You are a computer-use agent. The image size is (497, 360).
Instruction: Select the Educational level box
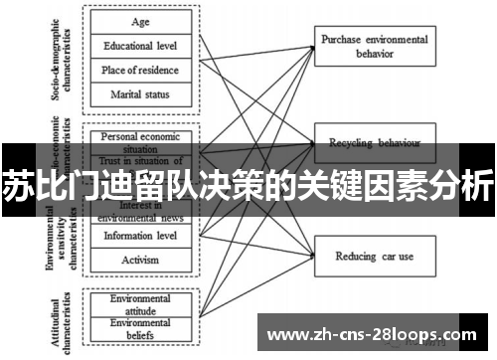pos(140,46)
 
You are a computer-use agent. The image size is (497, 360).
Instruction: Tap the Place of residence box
pos(140,70)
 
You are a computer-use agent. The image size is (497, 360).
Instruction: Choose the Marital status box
pos(140,94)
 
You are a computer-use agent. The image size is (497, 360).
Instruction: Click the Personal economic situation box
pos(140,138)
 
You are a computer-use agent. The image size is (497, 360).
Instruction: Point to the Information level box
pos(140,236)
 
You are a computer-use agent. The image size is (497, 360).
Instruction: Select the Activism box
pos(140,260)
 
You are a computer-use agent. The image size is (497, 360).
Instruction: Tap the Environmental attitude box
pos(140,302)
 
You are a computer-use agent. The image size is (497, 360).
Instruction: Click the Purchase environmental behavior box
pos(373,44)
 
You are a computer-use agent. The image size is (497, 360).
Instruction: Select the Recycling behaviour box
pos(373,142)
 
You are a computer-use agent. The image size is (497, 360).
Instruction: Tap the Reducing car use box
pos(373,257)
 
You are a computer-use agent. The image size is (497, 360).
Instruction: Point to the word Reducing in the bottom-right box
pos(355,257)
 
